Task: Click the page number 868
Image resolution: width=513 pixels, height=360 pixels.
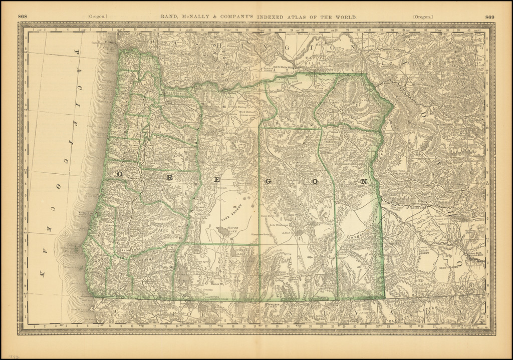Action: pyautogui.click(x=23, y=17)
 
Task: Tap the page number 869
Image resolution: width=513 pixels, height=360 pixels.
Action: pyautogui.click(x=490, y=17)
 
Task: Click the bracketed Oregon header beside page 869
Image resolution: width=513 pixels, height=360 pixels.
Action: pyautogui.click(x=423, y=17)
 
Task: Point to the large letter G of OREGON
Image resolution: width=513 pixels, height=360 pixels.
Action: pyautogui.click(x=268, y=181)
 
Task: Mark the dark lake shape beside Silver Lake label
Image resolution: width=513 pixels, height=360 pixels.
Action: pyautogui.click(x=221, y=231)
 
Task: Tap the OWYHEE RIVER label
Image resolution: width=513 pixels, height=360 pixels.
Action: pyautogui.click(x=361, y=234)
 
